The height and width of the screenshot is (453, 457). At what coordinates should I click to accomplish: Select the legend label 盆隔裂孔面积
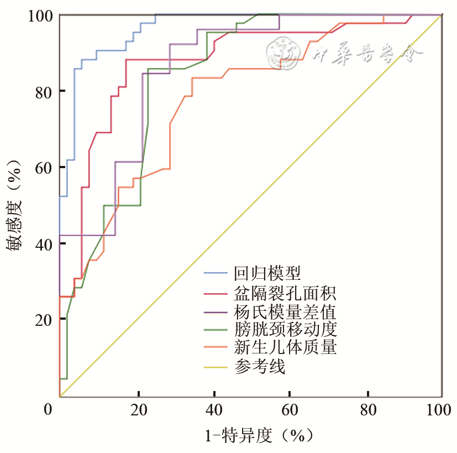285,291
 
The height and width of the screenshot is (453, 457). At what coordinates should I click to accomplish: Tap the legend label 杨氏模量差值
285,310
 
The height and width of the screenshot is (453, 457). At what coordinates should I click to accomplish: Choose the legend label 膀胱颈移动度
285,329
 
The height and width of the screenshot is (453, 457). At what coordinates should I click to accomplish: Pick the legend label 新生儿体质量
285,348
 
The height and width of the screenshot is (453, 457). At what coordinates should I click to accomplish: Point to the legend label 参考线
260,367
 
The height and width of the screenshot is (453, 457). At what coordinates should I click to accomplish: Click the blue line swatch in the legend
217,273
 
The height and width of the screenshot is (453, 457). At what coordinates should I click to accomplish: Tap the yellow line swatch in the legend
217,367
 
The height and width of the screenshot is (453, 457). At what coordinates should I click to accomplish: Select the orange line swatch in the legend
217,348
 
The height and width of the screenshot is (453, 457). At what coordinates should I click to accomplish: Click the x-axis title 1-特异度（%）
260,436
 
